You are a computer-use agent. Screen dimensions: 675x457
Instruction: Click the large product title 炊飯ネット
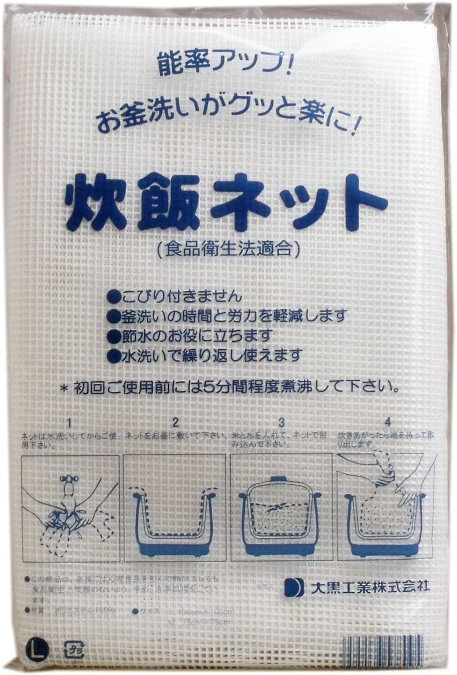click(x=225, y=202)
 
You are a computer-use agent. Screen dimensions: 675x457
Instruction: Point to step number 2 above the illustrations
click(x=175, y=421)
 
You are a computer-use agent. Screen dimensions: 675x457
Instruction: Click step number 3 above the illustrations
click(x=281, y=421)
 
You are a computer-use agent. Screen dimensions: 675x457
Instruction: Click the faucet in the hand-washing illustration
click(x=69, y=485)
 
